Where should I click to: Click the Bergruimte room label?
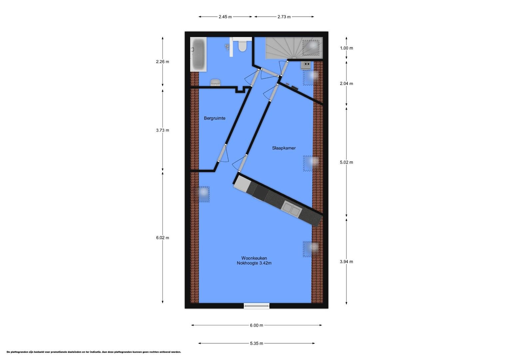[x=215, y=118]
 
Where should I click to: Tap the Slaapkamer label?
[x=284, y=148]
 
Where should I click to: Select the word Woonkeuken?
[x=254, y=258]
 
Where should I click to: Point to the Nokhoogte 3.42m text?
[x=254, y=263]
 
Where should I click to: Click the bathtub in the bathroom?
[x=198, y=54]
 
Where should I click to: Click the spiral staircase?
[x=284, y=48]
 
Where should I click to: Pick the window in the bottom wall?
[x=256, y=306]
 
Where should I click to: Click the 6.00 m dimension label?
[x=256, y=325]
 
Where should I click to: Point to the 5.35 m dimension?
[x=256, y=343]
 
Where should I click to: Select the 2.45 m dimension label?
[x=225, y=17]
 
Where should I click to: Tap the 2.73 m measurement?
[x=284, y=17]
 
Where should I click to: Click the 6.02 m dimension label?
[x=163, y=238]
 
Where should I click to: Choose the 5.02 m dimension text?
[x=346, y=162]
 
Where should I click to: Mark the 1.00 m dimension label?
[x=346, y=48]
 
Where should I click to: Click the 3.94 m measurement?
[x=346, y=262]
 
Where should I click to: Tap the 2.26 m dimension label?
[x=163, y=62]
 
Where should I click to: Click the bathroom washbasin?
[x=216, y=82]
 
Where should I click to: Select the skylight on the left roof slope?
[x=201, y=194]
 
